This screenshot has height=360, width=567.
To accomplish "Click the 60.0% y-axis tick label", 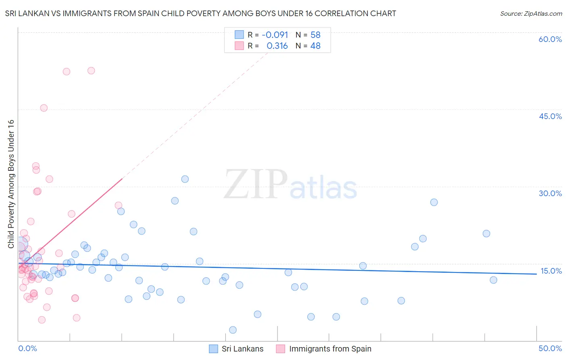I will pos(550,39).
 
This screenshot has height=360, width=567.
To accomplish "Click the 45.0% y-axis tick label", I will pos(550,116).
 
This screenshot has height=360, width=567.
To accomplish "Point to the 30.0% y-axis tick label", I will pos(550,193).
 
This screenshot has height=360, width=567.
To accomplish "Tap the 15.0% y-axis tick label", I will pos(551,271).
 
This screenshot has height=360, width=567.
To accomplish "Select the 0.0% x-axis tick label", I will pos(27,348).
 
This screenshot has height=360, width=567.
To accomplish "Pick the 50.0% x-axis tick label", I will pos(550,348).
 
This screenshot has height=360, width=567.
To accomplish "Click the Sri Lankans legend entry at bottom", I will pos(242,349).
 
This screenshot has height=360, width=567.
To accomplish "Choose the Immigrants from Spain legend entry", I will pos(330,349).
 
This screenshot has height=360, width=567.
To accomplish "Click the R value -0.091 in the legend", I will pos(275,35).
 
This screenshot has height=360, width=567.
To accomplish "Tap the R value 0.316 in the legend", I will pos(277,46).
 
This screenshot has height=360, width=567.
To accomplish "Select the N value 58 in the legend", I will pos(315,35).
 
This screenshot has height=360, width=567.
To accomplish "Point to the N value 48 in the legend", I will pos(315,46).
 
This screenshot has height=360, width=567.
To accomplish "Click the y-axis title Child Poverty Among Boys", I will pos(11,184).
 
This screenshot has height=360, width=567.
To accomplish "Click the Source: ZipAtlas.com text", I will pos(531,14).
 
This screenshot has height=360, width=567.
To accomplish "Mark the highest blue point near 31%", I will pos(185,179).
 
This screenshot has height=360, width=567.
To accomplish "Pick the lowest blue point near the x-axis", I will pos(233,330).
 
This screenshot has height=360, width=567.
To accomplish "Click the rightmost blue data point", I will pos(493,280).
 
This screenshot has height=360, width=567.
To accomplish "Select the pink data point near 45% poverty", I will pos(44,108).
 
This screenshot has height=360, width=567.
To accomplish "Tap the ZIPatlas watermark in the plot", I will pos(290,184).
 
